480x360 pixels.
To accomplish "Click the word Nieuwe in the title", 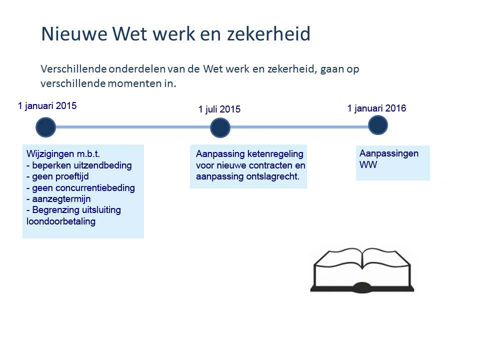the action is [x=74, y=33].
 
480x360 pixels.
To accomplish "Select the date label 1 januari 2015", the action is [x=47, y=106].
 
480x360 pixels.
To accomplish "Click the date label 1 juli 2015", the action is [x=219, y=109].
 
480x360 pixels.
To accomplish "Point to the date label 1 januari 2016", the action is [x=376, y=108].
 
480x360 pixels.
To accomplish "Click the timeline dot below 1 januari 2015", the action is [x=45, y=127].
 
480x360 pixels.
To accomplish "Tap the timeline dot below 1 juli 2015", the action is [x=220, y=127].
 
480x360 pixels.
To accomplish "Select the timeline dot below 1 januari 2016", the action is [x=378, y=125].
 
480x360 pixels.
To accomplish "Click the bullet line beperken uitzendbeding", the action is [x=79, y=165].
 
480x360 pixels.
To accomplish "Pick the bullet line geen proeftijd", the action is [x=57, y=176].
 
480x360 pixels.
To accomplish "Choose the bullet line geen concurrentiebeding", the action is [x=80, y=188].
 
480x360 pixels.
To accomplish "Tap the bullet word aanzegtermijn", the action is [x=61, y=199].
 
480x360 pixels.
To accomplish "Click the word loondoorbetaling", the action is [x=61, y=221].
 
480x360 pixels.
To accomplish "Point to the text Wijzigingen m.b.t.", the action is [x=63, y=153].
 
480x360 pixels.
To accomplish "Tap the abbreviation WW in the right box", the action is [x=368, y=165].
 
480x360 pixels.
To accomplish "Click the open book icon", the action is [x=362, y=270].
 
